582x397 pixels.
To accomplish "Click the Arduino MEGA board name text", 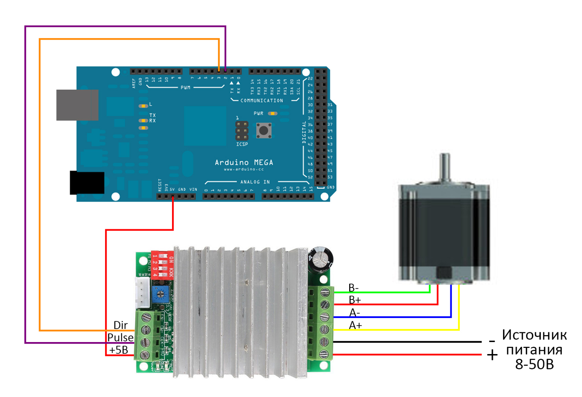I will coord(244,162).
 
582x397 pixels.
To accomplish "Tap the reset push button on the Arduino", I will coord(264,130).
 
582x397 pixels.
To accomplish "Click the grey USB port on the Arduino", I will coord(77,105).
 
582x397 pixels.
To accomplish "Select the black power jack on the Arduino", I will coord(87,183).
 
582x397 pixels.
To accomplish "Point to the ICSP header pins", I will coord(242,131).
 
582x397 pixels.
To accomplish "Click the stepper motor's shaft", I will coord(445,167).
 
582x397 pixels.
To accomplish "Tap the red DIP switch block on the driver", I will coord(162,264).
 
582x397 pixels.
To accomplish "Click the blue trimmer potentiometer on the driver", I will coord(160,293).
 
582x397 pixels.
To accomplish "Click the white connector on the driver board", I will coord(143,293).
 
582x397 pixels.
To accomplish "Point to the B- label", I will coord(354,288).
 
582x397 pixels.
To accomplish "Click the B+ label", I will coord(355,300).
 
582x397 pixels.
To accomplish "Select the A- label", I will coord(355,313).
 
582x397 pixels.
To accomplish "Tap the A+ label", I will coord(355,325).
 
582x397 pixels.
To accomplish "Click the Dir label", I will coord(120,325).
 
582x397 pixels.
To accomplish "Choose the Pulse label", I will coord(120,337).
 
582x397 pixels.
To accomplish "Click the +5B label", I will coord(119,350).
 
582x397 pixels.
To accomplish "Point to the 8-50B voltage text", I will coord(534,364).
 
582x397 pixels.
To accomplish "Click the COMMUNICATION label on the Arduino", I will coord(262,100).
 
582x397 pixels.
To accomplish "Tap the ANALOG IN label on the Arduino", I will coord(255,182).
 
